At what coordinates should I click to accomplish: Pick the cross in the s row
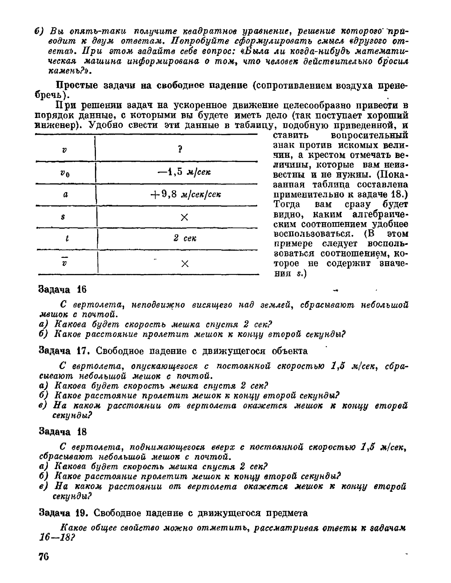point(184,217)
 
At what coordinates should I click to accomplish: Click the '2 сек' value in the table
point(185,238)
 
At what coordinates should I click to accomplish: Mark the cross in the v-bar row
point(185,263)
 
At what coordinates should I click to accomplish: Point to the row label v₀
point(65,174)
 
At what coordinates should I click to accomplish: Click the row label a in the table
point(65,194)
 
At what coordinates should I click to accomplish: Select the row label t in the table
point(67,238)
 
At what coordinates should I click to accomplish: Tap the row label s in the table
point(63,217)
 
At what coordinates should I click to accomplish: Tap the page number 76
point(43,557)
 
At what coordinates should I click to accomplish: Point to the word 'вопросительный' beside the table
point(370,135)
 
